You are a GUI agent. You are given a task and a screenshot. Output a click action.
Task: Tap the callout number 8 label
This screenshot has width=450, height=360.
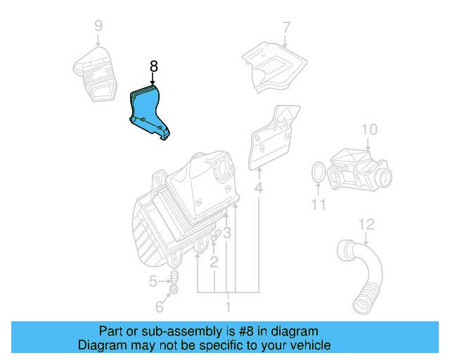tap(154, 67)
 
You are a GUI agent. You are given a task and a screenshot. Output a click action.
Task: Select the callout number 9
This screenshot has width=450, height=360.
tap(98, 27)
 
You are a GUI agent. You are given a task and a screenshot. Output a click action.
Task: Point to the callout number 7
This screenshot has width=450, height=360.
tap(286, 28)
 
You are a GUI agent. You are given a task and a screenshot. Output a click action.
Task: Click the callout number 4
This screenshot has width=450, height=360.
tap(259, 188)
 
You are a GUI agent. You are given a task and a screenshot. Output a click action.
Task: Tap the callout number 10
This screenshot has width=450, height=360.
tap(369, 129)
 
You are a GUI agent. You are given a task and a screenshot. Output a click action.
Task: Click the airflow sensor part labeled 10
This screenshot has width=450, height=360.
tap(359, 169)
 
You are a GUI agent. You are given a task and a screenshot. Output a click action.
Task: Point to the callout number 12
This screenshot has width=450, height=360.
tap(366, 224)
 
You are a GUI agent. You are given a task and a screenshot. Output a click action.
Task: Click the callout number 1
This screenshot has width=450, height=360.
tap(227, 307)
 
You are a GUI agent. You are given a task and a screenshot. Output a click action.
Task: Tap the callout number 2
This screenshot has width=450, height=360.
tap(214, 263)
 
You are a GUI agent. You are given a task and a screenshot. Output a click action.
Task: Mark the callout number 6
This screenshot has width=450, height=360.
tap(160, 307)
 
